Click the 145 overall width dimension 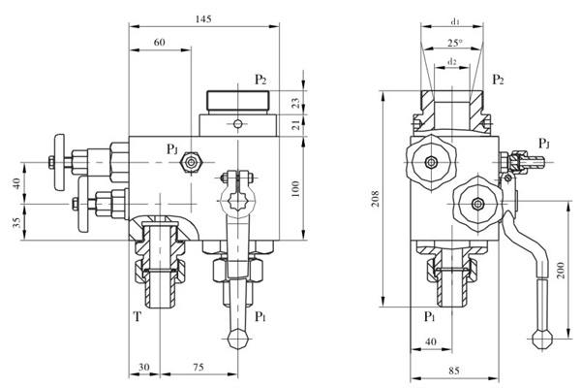(203, 19)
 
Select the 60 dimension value (159, 43)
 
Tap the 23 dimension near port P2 (296, 103)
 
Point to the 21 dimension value (296, 124)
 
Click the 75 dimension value (197, 366)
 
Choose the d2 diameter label (452, 62)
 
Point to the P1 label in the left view (260, 316)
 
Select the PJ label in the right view (544, 144)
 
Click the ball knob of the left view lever (237, 339)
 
